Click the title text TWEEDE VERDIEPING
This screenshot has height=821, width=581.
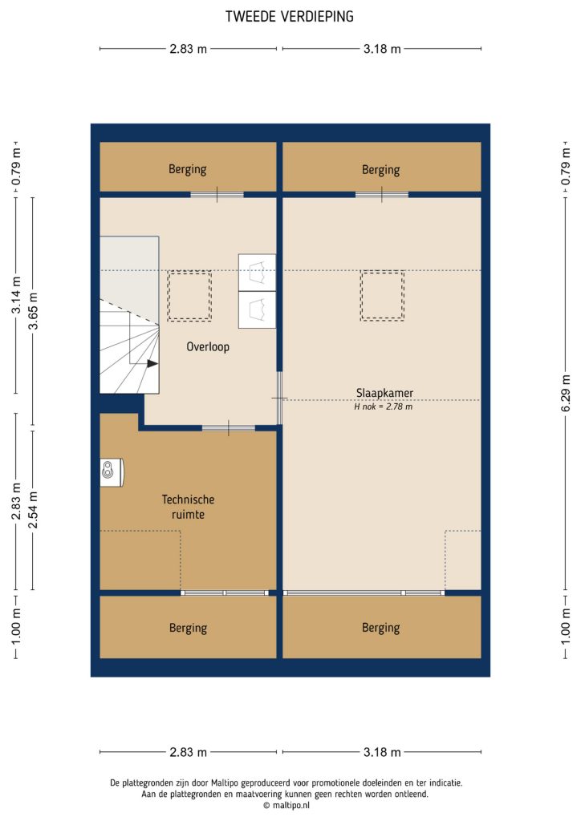point(290,16)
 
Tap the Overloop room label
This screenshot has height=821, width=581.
point(208,347)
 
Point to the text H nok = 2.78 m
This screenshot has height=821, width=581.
point(383,406)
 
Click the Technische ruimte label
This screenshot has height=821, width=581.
point(188,507)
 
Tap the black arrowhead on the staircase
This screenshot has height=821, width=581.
point(152,362)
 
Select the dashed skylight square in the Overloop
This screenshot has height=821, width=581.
point(189,296)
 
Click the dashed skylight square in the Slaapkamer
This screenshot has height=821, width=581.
point(382,296)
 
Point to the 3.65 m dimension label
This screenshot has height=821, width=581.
point(33,312)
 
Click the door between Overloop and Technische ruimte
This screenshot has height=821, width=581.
point(229,428)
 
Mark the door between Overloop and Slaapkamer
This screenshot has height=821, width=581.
point(279,398)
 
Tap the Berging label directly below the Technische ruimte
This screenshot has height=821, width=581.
point(188,628)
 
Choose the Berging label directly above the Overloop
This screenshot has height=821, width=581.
point(188,169)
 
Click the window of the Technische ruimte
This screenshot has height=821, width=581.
point(224,592)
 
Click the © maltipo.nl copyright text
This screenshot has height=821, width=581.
point(290,805)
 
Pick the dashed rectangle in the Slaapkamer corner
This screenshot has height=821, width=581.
point(462,560)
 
